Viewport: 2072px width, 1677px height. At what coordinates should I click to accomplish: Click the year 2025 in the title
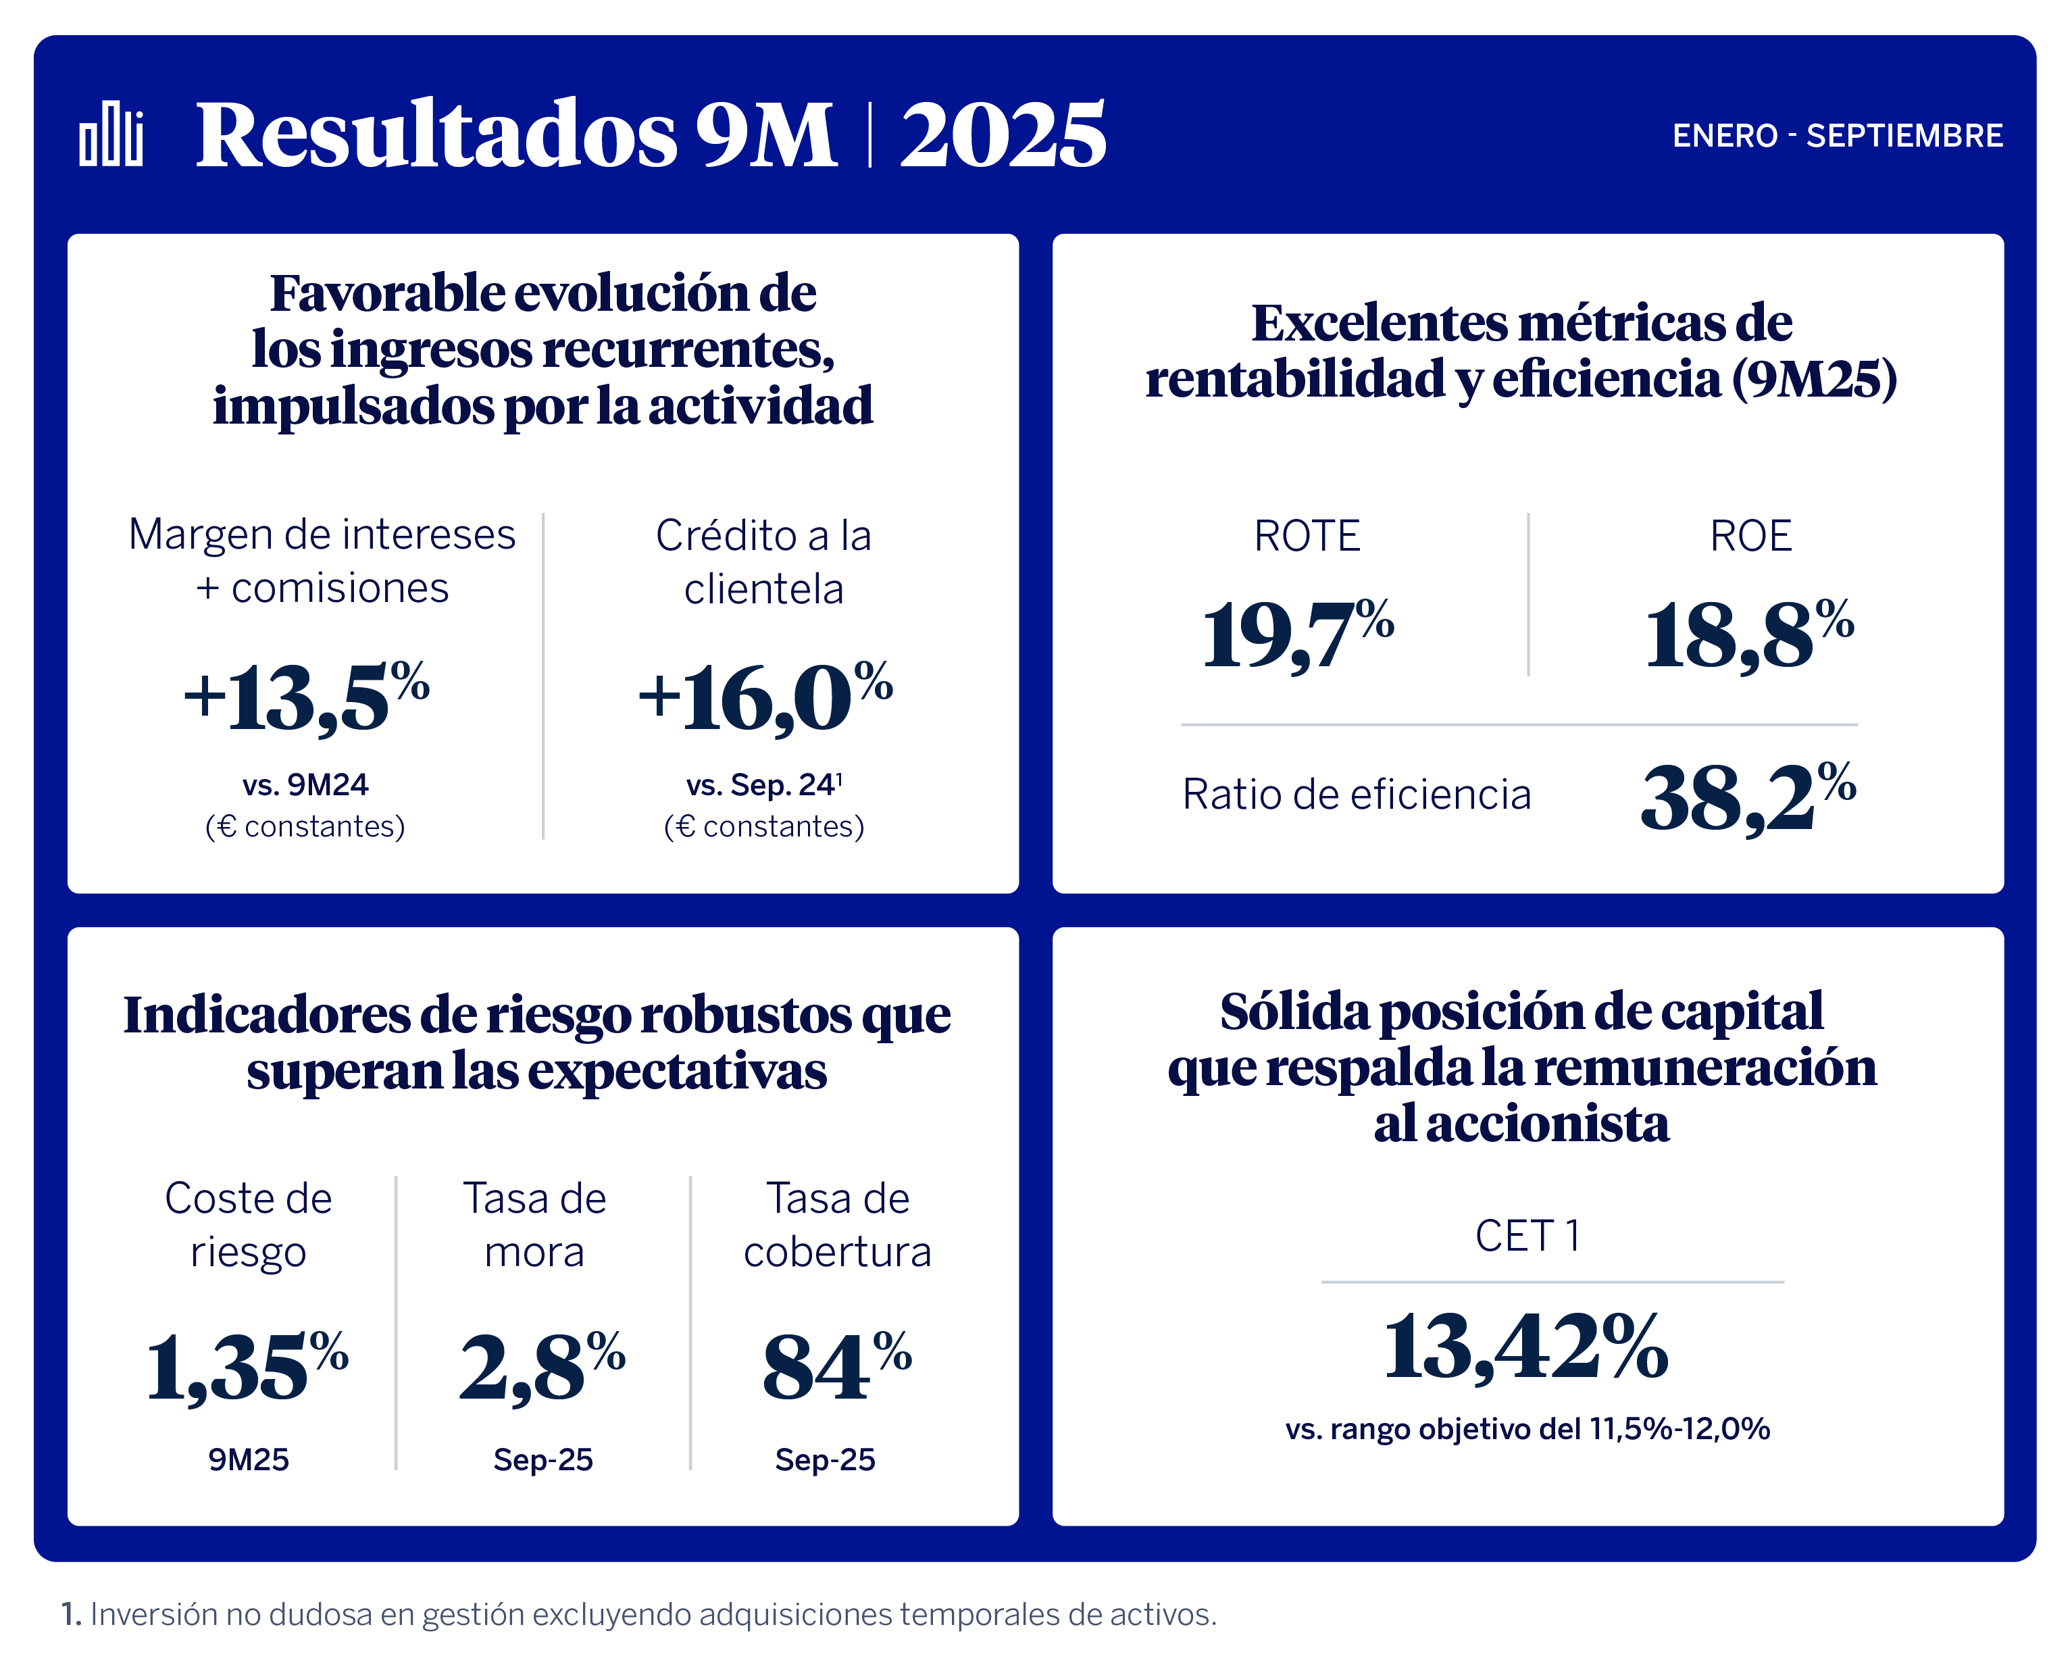click(x=1003, y=134)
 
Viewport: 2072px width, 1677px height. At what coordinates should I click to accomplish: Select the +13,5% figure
click(x=306, y=697)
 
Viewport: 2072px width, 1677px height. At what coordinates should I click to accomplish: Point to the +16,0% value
click(x=764, y=697)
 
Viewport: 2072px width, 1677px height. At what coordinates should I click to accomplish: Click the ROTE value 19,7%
click(x=1297, y=634)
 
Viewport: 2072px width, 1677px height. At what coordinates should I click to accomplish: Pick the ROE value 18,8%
click(x=1748, y=634)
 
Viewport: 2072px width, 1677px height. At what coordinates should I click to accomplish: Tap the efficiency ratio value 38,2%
click(x=1748, y=798)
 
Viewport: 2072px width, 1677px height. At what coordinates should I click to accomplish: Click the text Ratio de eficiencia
click(x=1356, y=795)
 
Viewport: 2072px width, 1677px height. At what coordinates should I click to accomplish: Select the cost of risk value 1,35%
click(x=247, y=1368)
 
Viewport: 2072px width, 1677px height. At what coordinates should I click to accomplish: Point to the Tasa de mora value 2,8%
click(x=542, y=1368)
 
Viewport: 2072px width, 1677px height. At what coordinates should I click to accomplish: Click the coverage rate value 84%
click(x=836, y=1368)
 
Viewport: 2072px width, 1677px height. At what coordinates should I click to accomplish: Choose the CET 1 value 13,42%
click(x=1525, y=1347)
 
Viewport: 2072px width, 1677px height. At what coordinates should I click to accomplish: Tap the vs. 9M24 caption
click(x=305, y=784)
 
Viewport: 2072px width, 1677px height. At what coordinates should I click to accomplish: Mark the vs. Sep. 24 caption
click(x=764, y=784)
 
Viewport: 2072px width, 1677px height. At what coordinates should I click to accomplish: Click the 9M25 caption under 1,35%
click(x=248, y=1459)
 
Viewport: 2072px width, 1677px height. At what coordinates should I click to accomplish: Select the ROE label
click(x=1750, y=536)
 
